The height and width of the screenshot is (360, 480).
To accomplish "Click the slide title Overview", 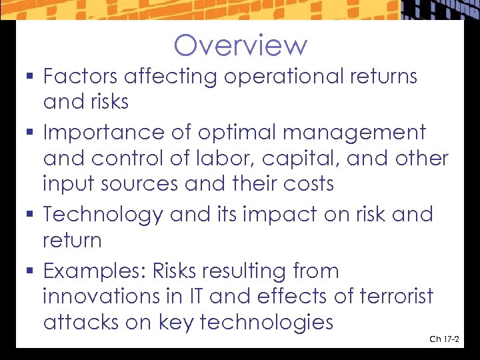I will point(240,45).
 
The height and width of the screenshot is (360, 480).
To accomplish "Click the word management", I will point(354,133).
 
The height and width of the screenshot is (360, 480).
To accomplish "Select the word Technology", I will point(103,215).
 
